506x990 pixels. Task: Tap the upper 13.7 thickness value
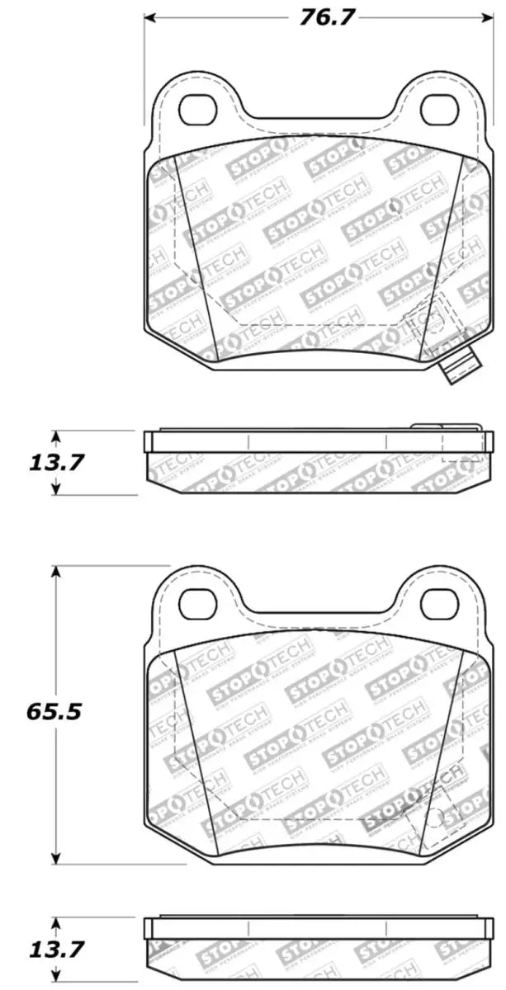[56, 463]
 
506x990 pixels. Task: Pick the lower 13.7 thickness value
[56, 951]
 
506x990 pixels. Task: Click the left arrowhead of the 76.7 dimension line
[149, 18]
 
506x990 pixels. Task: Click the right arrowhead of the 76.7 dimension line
[481, 18]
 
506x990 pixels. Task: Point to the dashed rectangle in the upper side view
[462, 445]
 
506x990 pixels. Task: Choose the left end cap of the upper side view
[149, 442]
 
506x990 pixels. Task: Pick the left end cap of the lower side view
[149, 929]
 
